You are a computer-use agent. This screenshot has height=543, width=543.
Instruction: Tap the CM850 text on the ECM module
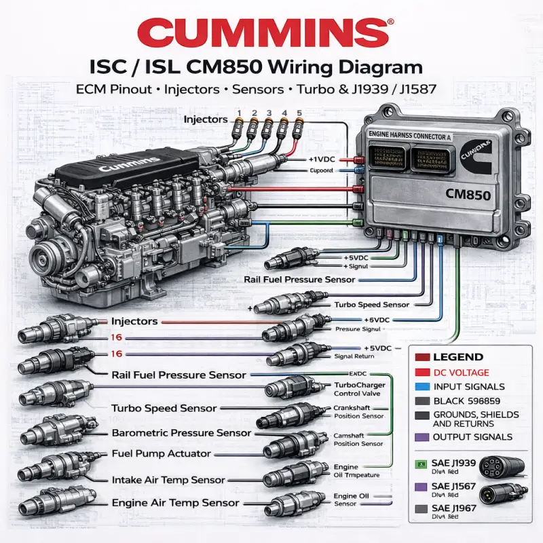(462, 193)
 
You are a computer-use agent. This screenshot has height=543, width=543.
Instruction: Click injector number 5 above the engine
(299, 126)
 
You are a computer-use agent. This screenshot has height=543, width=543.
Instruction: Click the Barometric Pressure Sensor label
(181, 433)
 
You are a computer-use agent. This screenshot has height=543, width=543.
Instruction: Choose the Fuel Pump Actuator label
(160, 453)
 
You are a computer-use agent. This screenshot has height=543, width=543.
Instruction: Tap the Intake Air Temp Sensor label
(169, 479)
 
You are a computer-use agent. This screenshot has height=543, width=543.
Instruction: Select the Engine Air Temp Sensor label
(175, 503)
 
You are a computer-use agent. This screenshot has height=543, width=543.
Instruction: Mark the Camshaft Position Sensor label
(358, 439)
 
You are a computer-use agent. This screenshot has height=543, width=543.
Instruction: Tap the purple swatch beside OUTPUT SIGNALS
(420, 437)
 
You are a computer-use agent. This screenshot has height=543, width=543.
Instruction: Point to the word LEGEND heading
(458, 357)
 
